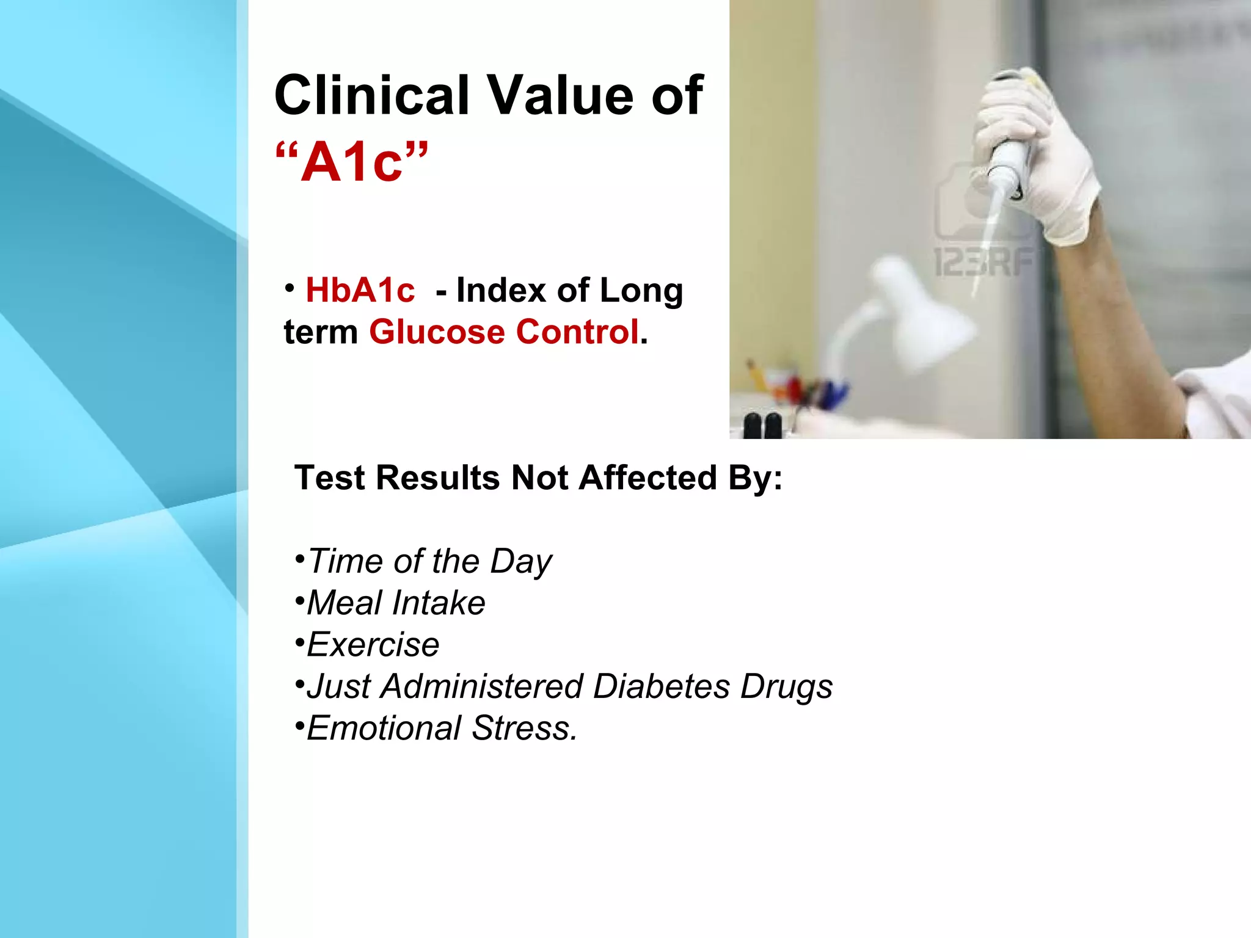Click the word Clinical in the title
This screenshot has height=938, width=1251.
click(x=372, y=95)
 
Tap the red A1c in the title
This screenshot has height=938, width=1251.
click(x=352, y=162)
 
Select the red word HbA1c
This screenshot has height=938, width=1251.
click(x=360, y=290)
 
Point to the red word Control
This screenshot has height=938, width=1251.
click(x=577, y=332)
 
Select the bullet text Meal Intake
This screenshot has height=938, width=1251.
click(x=396, y=603)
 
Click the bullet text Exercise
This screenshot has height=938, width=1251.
click(x=373, y=645)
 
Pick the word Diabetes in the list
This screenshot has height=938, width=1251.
click(x=662, y=686)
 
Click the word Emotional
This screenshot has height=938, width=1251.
click(x=384, y=728)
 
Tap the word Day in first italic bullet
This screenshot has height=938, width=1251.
click(x=520, y=562)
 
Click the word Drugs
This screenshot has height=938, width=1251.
click(x=787, y=686)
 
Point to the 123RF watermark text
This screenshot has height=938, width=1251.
click(x=983, y=263)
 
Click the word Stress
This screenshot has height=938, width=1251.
click(x=524, y=728)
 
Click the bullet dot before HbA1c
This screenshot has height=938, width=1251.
click(x=290, y=287)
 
